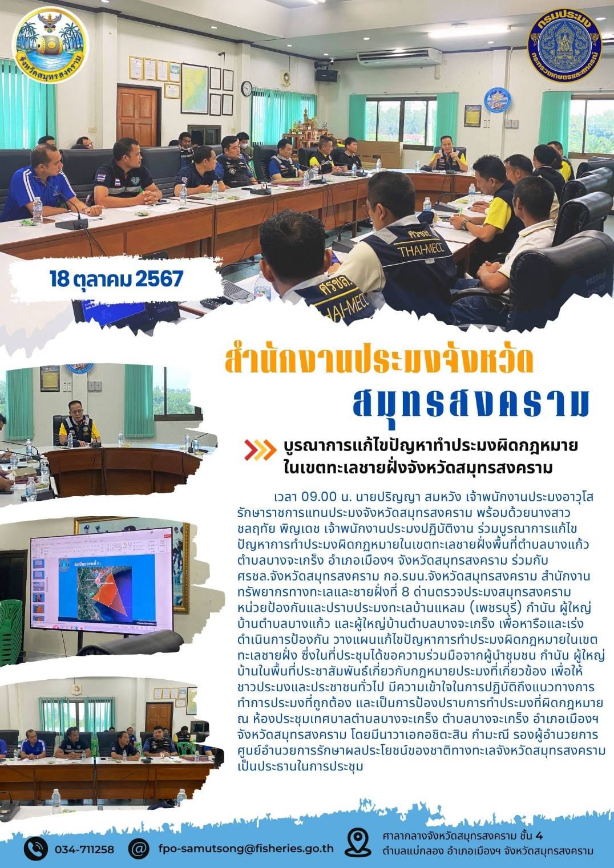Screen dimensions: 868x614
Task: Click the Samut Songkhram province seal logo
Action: pyautogui.click(x=50, y=44)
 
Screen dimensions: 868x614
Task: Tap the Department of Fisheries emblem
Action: pyautogui.click(x=564, y=43)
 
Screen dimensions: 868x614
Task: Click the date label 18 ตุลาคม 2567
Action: pyautogui.click(x=116, y=279)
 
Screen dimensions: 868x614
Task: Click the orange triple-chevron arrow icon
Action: pyautogui.click(x=260, y=450)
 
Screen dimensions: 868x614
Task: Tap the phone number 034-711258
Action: pyautogui.click(x=84, y=849)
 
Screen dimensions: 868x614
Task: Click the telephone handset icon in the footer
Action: pyautogui.click(x=35, y=848)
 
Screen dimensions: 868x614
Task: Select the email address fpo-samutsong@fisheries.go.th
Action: pyautogui.click(x=246, y=847)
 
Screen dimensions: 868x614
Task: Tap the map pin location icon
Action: pyautogui.click(x=358, y=843)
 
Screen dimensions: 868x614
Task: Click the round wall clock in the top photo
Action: pyautogui.click(x=247, y=88)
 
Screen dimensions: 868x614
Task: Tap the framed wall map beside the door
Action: pyautogui.click(x=195, y=88)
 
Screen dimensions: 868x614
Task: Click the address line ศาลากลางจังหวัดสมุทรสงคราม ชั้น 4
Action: pyautogui.click(x=463, y=836)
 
